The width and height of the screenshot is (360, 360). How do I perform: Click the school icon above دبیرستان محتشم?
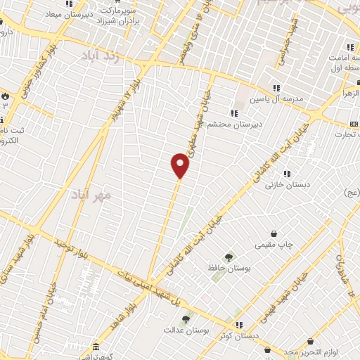[x=234, y=113]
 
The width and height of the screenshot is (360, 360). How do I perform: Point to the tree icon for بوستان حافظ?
[x=227, y=257]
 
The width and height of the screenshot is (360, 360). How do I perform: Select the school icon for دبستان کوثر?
[x=239, y=325]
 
